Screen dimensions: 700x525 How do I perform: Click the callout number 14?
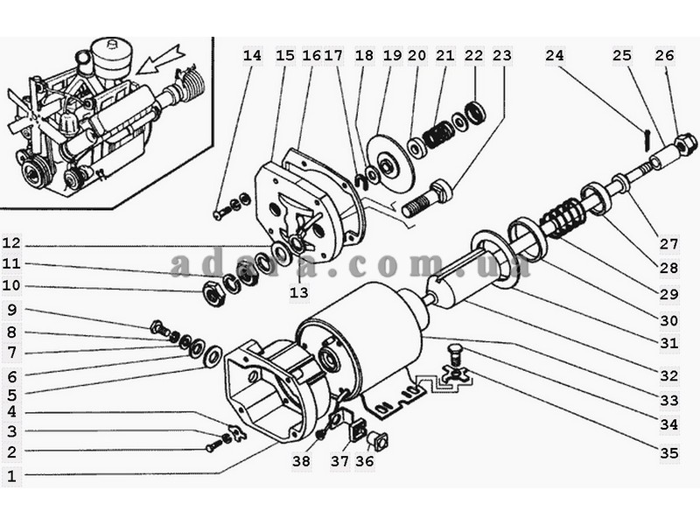[252, 56]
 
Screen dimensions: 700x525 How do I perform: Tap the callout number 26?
[665, 56]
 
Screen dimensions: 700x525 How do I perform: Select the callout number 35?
[669, 453]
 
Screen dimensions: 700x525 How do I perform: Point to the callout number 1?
[12, 476]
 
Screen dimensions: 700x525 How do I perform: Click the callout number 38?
[301, 461]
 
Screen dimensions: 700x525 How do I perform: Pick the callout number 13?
[299, 293]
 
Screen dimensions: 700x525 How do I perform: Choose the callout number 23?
[501, 56]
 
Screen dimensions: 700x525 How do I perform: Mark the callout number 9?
[12, 310]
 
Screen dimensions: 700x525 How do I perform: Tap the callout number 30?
[669, 320]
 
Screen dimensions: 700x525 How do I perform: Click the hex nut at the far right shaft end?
[685, 144]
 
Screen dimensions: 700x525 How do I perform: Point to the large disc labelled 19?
[388, 162]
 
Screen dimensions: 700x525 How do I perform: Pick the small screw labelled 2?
[213, 446]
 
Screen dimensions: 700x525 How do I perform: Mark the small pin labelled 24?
[647, 140]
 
